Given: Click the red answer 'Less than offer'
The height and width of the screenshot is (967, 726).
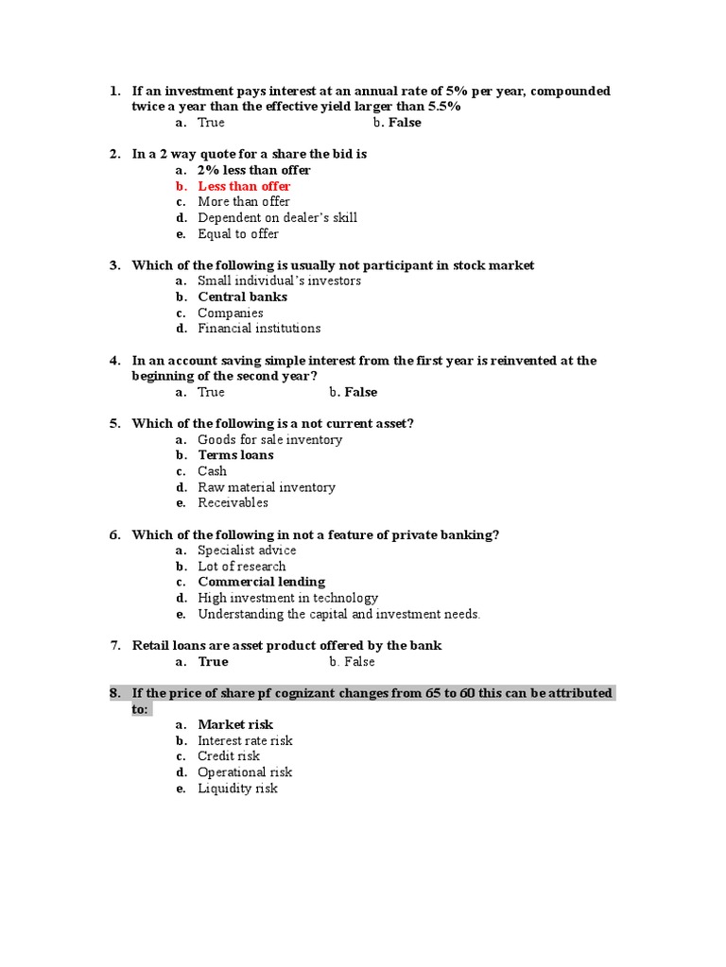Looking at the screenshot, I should pyautogui.click(x=244, y=186).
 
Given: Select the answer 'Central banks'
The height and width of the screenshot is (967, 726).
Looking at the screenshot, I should pyautogui.click(x=242, y=297).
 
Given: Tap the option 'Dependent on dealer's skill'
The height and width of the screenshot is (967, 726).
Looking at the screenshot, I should pyautogui.click(x=277, y=217).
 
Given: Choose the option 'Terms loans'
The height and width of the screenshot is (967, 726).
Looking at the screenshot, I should pyautogui.click(x=235, y=455).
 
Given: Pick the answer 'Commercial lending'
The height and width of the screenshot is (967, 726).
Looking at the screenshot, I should pyautogui.click(x=261, y=582).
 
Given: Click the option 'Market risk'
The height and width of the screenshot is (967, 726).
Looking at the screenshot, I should pyautogui.click(x=235, y=724).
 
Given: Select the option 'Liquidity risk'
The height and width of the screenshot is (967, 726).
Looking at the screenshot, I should pyautogui.click(x=237, y=789).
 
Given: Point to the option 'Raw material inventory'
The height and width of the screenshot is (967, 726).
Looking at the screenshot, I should pyautogui.click(x=267, y=487).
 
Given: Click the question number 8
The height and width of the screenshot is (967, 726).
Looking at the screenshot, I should pyautogui.click(x=114, y=693).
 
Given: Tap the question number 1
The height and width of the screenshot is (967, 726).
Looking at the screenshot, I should pyautogui.click(x=114, y=91).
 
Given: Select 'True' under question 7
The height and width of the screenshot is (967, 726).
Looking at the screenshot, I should pyautogui.click(x=213, y=662).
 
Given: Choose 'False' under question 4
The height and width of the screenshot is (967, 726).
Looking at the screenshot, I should pyautogui.click(x=360, y=392).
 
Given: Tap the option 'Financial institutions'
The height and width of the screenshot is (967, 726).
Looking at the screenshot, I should pyautogui.click(x=259, y=329).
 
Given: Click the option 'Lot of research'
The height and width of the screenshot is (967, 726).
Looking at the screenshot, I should pyautogui.click(x=242, y=567).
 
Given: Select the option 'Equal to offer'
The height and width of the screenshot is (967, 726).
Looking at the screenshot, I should pyautogui.click(x=238, y=233).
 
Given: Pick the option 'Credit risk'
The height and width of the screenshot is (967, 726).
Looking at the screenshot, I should pyautogui.click(x=229, y=756).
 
